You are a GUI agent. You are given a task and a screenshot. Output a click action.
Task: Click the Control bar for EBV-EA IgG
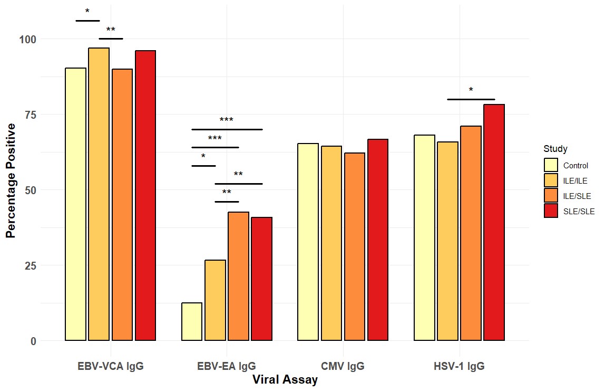(192, 322)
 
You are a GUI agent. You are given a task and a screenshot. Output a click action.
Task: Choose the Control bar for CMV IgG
(308, 242)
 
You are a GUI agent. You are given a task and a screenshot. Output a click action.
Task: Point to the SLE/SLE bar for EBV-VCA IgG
(145, 196)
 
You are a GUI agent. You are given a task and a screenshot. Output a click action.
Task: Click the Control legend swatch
(551, 165)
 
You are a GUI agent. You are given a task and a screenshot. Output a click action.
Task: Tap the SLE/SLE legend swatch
(551, 211)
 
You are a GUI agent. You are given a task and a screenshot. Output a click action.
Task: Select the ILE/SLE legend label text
(577, 196)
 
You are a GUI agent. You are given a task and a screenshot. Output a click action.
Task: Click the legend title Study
(555, 149)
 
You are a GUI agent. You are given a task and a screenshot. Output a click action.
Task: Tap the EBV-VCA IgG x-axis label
(110, 366)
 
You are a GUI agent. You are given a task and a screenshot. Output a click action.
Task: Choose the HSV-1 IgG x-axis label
(459, 366)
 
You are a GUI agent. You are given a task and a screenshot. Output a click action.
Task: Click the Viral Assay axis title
(285, 380)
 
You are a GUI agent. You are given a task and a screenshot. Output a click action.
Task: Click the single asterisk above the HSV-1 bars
(471, 91)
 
